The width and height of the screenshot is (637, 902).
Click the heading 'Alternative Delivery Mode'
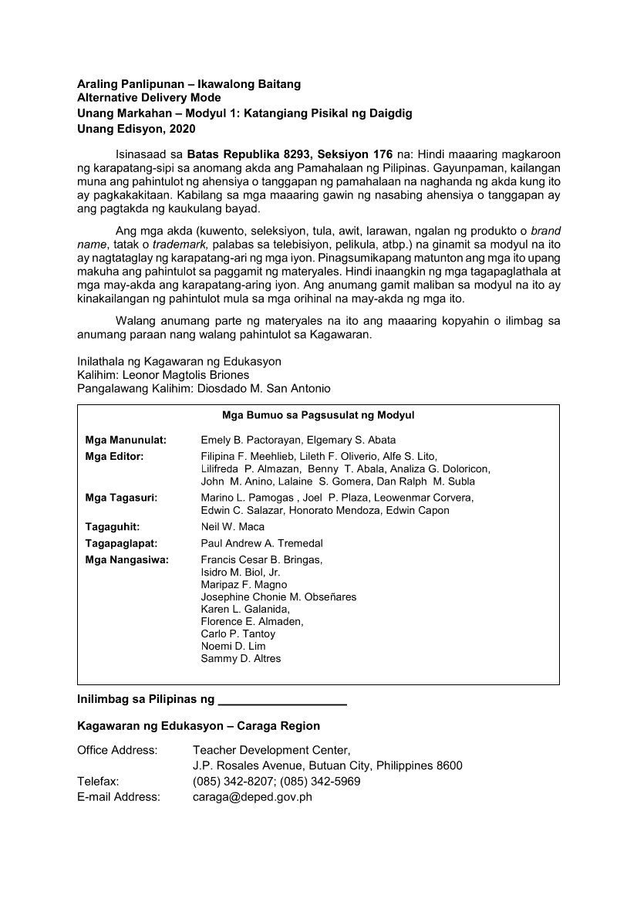(x=149, y=98)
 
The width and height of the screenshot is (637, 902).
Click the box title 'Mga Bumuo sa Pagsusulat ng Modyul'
(x=318, y=415)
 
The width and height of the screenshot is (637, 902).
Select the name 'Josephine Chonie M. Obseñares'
(x=278, y=596)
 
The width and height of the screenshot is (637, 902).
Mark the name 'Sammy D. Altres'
(x=241, y=658)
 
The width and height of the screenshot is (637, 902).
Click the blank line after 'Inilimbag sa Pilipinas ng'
(x=282, y=701)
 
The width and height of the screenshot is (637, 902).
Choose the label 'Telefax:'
(x=98, y=781)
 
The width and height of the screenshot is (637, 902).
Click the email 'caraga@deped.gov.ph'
(x=252, y=796)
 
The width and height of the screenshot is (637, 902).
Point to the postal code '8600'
(x=448, y=765)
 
